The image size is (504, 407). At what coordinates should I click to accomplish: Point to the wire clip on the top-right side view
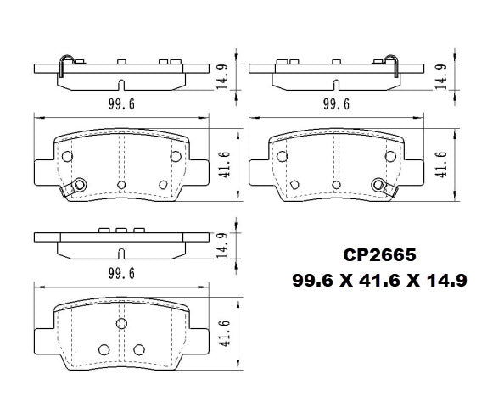(391, 64)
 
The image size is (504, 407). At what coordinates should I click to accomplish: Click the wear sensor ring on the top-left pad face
(80, 185)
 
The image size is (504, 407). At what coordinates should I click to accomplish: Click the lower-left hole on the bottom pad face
(104, 349)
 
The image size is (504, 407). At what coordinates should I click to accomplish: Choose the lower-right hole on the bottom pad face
(138, 349)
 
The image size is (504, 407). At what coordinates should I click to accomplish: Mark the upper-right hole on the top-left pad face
(176, 156)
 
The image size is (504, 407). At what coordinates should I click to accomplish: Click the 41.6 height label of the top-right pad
(440, 160)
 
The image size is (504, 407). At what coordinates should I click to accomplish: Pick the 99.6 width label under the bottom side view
(120, 272)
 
